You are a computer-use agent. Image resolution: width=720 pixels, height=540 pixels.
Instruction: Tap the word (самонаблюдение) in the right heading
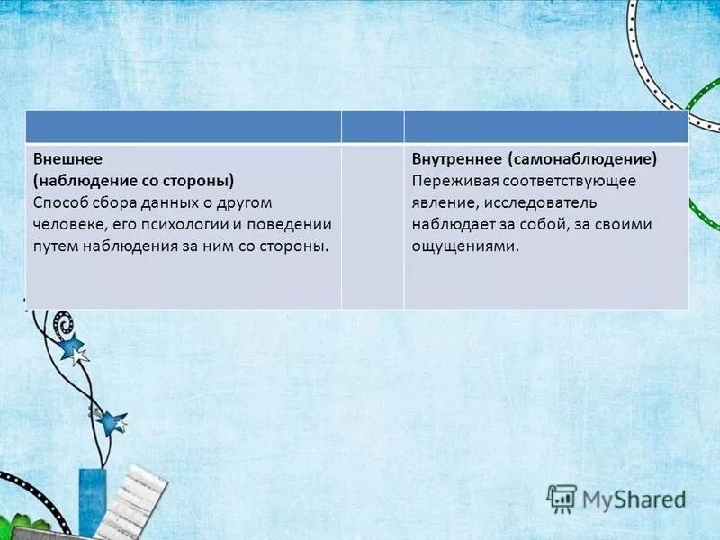point(581,159)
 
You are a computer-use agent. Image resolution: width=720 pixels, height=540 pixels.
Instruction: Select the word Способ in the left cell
point(60,202)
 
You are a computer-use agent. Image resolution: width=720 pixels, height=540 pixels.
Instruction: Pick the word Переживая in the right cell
point(450,181)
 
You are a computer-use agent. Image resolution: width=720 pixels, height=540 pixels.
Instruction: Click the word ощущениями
point(466,246)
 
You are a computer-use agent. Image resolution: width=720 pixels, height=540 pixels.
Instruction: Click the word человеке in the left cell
point(67,224)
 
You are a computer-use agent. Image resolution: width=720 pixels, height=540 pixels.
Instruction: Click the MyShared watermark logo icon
point(562,498)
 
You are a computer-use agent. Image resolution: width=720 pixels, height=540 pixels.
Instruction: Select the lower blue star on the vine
point(112,421)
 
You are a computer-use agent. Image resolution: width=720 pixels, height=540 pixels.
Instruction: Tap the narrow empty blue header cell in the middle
point(373,127)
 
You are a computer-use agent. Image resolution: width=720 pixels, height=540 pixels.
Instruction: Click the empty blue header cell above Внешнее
point(183,127)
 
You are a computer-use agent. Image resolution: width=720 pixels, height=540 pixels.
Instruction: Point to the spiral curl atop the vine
point(62,321)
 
